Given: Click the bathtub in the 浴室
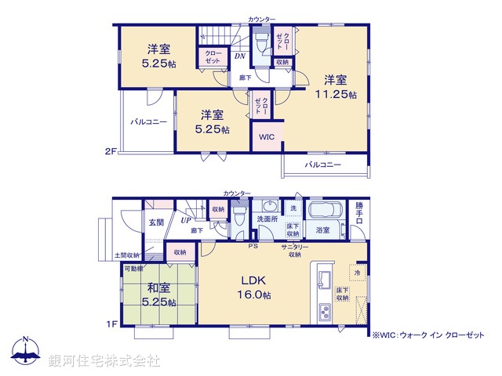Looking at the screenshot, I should tap(322, 211).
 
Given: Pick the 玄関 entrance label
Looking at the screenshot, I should tap(156, 222).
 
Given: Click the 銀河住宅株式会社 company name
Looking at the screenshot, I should tap(104, 360).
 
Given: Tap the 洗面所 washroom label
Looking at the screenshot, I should tap(267, 219).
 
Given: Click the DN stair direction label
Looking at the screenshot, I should tap(240, 56).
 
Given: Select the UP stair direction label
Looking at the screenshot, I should tap(186, 220).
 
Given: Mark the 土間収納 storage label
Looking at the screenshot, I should tap(127, 255).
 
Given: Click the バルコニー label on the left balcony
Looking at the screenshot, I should tap(148, 122).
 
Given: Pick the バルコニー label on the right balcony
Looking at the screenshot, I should tap(323, 164).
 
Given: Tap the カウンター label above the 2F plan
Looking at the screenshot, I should tap(262, 18).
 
